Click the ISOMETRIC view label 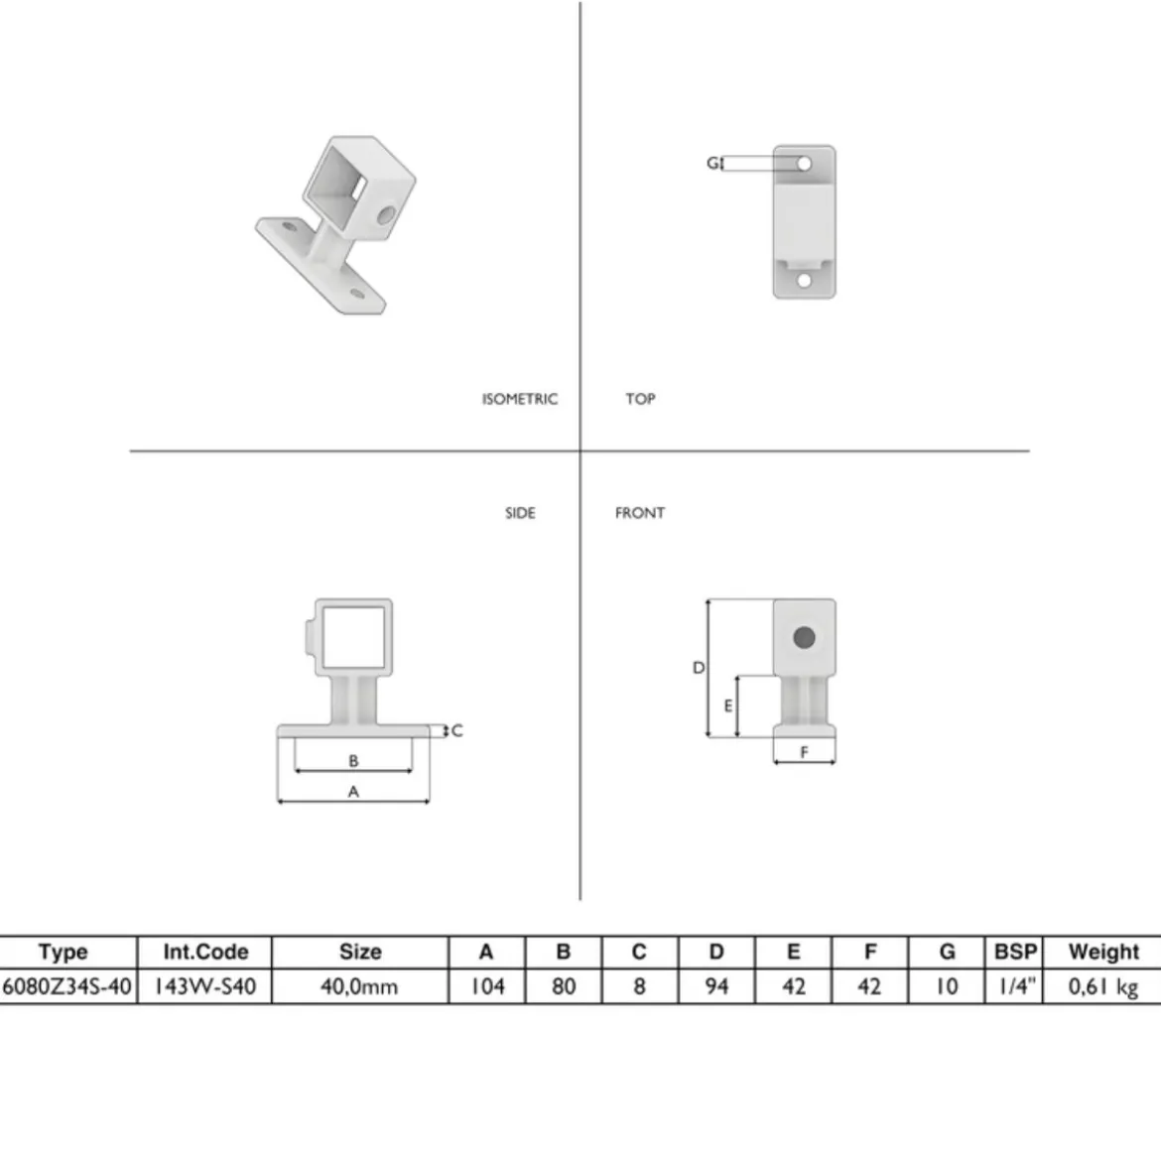pos(520,399)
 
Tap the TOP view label pos(640,399)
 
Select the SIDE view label pos(520,513)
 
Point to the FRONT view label pos(640,513)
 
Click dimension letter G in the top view pos(712,163)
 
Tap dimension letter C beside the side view pos(456,730)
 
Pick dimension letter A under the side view pos(353,792)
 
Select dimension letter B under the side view pos(353,760)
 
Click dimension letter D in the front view pos(699,668)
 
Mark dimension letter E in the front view pos(727,707)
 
